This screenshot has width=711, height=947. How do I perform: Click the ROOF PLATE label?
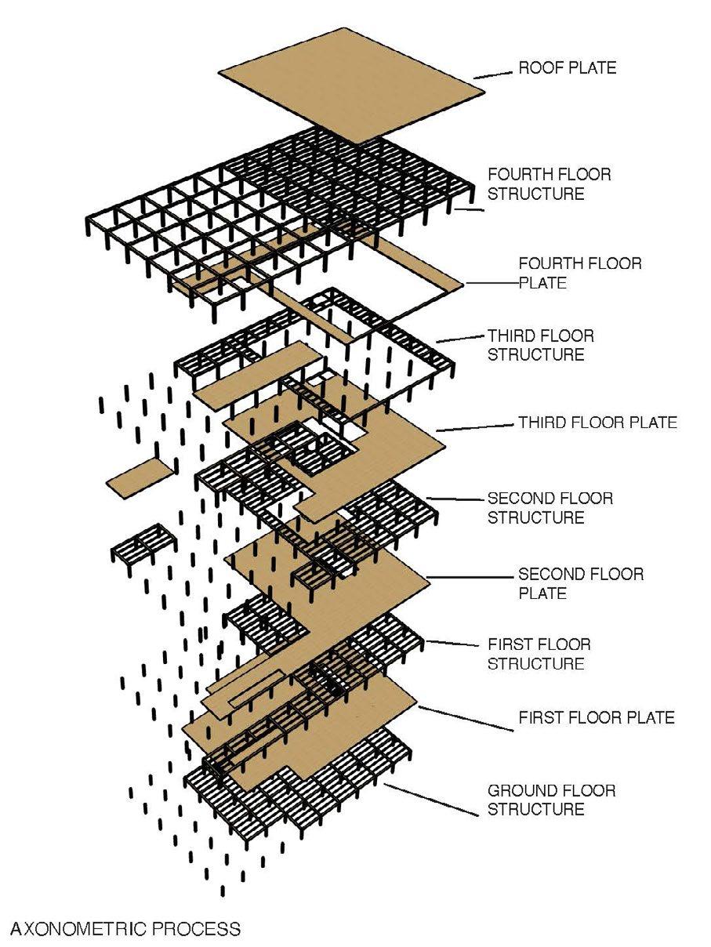coord(568,68)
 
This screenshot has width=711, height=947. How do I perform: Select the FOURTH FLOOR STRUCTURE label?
coord(549,183)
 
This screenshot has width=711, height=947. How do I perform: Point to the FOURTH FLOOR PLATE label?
coord(579,272)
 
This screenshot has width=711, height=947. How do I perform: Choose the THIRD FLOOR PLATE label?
coord(597,423)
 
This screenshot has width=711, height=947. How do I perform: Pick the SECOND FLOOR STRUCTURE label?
coord(550,507)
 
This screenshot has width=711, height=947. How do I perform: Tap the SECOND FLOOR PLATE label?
coord(581,583)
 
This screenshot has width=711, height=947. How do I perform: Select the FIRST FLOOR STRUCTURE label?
coord(539,654)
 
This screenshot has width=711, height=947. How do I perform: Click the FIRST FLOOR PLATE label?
coord(596,717)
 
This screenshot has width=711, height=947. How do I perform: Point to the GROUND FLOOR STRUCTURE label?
coord(551,799)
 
